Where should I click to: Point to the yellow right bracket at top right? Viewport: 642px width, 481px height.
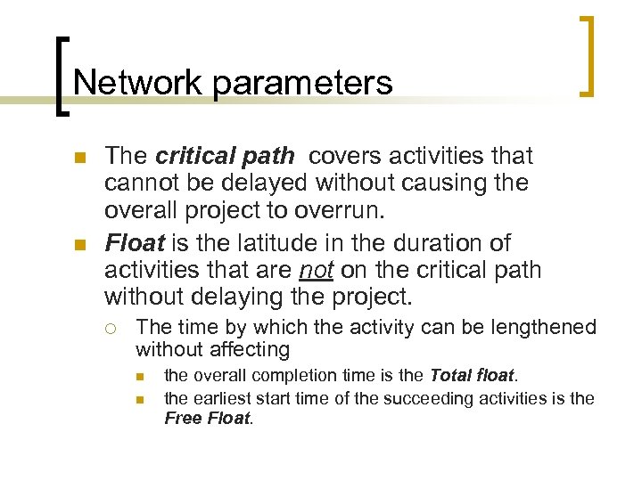587,55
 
